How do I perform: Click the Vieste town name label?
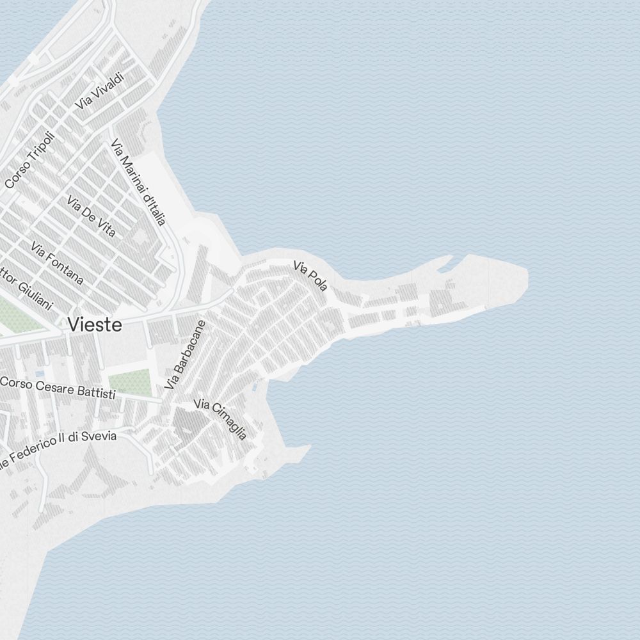click(95, 324)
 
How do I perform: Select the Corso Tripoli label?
click(30, 161)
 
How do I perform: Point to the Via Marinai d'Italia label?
click(138, 182)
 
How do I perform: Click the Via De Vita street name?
click(91, 216)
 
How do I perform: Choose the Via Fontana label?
click(57, 262)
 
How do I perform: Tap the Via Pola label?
click(310, 276)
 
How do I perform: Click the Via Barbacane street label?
click(184, 355)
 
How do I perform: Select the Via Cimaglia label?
click(220, 419)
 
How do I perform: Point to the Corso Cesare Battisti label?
click(58, 388)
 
